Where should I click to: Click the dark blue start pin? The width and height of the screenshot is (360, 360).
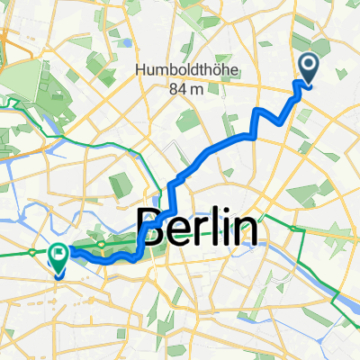(308, 66)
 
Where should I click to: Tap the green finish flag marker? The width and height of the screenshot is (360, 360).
(58, 258)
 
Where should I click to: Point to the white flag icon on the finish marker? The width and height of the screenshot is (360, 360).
(59, 255)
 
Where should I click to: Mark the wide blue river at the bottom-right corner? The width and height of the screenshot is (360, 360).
(347, 297)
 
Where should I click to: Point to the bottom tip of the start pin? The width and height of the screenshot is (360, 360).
(308, 85)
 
